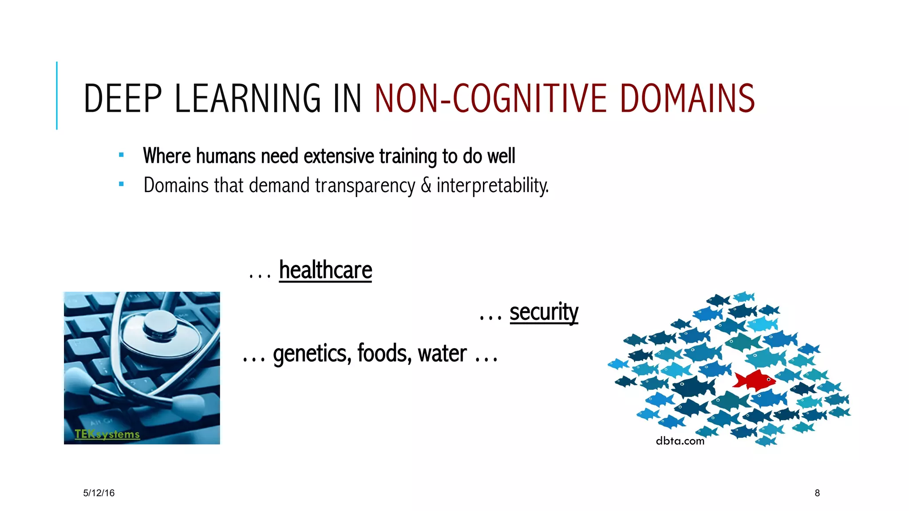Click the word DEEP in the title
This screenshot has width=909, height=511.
[123, 98]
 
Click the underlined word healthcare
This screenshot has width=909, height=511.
[325, 270]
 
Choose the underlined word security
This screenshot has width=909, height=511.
[544, 312]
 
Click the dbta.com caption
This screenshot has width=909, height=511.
[680, 441]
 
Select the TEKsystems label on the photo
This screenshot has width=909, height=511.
[107, 434]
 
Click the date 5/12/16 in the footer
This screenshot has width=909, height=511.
[99, 493]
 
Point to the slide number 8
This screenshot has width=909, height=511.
[817, 493]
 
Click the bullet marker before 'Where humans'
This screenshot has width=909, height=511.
[121, 155]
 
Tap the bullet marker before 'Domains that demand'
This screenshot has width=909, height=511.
[121, 184]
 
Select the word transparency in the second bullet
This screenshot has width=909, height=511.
[365, 185]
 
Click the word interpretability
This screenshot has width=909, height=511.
[493, 185]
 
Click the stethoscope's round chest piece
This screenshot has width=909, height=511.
[159, 326]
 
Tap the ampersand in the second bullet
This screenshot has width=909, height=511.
[426, 185]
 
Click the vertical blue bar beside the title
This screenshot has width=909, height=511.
[57, 95]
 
